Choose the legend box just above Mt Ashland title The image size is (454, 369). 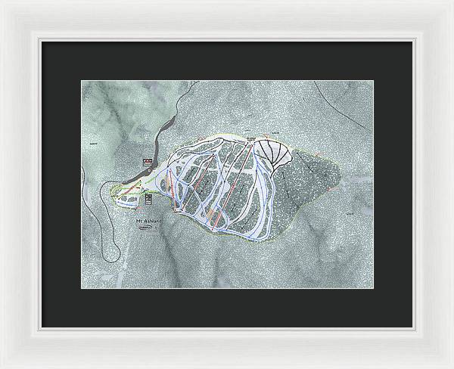click(x=149, y=200)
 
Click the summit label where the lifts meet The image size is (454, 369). click(x=250, y=139)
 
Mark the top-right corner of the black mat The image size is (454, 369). click(x=412, y=41)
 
